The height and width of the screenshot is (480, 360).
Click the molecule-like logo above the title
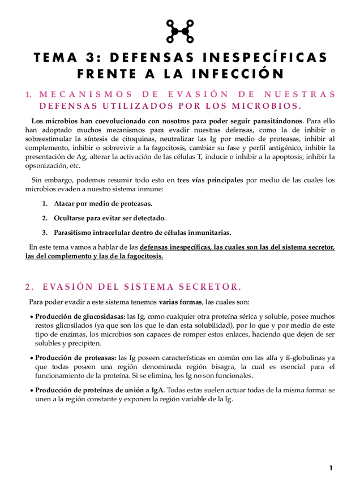[180, 31]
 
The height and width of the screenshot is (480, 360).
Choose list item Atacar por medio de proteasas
[103, 203]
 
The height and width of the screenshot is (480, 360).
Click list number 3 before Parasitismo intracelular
[45, 232]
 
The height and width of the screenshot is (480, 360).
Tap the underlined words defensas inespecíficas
[174, 247]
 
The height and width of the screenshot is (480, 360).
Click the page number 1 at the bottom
[331, 468]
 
